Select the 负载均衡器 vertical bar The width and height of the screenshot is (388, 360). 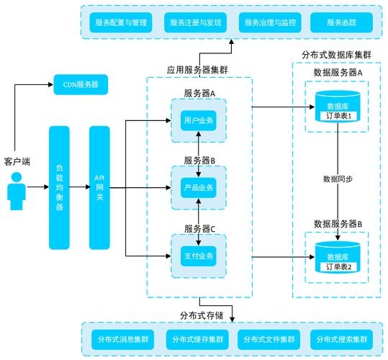point(60,187)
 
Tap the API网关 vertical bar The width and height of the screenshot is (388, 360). point(100,187)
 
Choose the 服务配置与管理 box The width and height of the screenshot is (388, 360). point(121,23)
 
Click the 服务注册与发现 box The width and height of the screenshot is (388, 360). point(195,23)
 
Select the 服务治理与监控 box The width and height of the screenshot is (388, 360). point(269,23)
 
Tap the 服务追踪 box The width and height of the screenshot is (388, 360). point(341,23)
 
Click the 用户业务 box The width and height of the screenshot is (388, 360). point(199,120)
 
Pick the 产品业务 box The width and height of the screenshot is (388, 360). point(199,188)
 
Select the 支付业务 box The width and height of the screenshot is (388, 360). point(199,256)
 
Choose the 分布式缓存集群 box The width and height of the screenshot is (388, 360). point(195,338)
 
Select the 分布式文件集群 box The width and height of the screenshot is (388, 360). point(269,338)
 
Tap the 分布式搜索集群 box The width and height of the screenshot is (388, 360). point(341,338)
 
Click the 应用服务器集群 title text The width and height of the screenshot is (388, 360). point(198,71)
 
